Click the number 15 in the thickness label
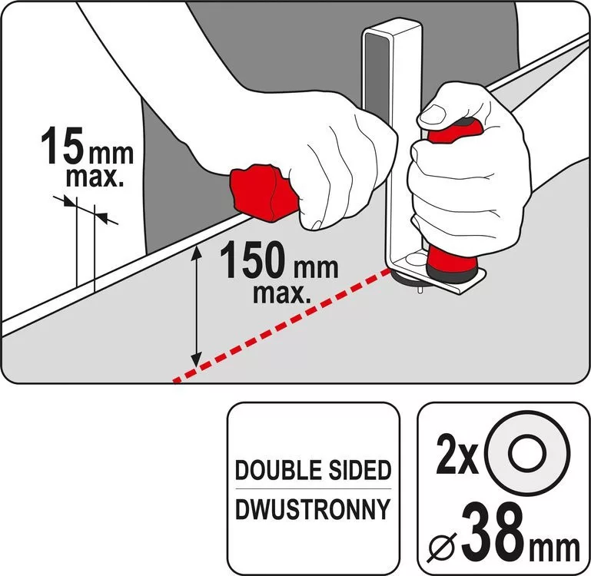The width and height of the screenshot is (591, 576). [62, 145]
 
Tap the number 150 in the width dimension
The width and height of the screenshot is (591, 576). [255, 260]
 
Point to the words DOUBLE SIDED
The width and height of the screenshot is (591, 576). [313, 470]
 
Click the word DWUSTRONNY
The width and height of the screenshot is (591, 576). [313, 509]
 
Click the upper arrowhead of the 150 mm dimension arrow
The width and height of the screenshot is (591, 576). [196, 250]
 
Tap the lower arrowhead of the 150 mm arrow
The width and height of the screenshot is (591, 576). [196, 359]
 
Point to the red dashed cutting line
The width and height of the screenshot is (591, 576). [281, 326]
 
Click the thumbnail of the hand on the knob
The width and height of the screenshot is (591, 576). [433, 114]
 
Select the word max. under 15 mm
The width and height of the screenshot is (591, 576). [95, 177]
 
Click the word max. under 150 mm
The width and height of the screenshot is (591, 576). [282, 293]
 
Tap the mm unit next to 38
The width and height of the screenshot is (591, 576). [554, 549]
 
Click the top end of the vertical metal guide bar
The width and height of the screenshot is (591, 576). [392, 27]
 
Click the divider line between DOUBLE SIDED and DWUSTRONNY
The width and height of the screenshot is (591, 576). [313, 489]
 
